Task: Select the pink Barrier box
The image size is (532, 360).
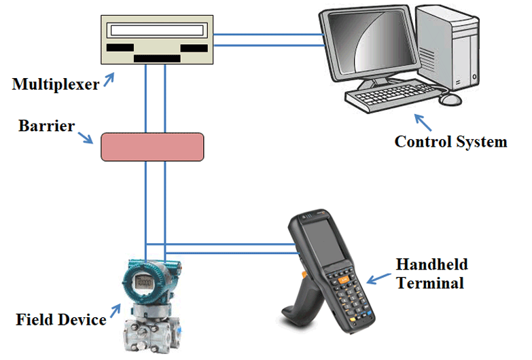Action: click(x=152, y=147)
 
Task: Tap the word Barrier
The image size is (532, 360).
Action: click(x=46, y=126)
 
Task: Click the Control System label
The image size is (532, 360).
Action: click(x=450, y=142)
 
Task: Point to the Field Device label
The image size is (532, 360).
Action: click(x=60, y=319)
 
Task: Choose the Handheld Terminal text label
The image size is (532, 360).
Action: click(x=431, y=273)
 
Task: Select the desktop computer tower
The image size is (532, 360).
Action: click(x=453, y=48)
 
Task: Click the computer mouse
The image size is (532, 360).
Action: click(x=450, y=99)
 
